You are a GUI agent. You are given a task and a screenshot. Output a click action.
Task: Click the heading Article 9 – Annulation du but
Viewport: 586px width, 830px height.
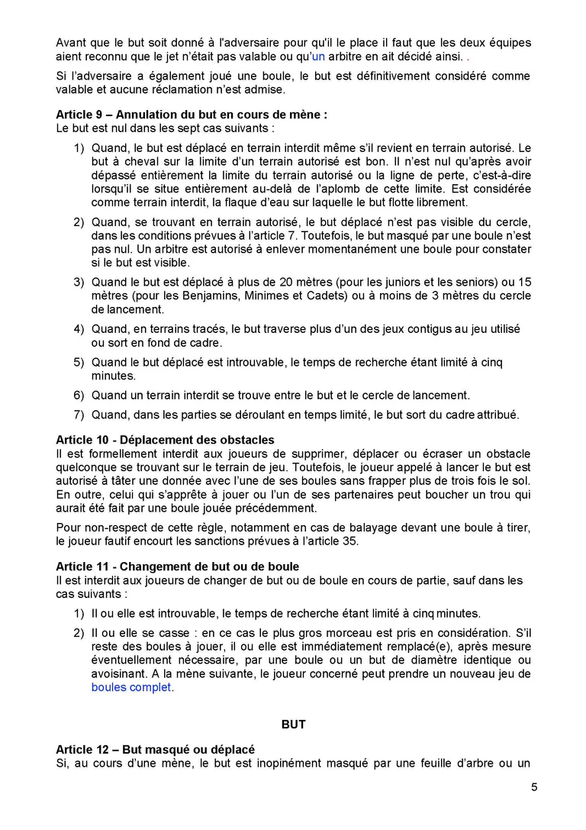pyautogui.click(x=192, y=115)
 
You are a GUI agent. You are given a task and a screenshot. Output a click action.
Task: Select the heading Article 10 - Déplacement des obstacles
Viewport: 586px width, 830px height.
pyautogui.click(x=165, y=440)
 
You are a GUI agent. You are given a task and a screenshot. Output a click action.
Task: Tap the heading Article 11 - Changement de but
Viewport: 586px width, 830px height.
pyautogui.click(x=177, y=567)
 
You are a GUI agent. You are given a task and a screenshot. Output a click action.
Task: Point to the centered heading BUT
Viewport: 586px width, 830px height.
pyautogui.click(x=293, y=724)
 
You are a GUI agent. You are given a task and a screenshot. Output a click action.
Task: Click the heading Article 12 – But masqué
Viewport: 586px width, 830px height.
pyautogui.click(x=155, y=750)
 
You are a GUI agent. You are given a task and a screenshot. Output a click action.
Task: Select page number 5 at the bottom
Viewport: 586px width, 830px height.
pyautogui.click(x=534, y=787)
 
